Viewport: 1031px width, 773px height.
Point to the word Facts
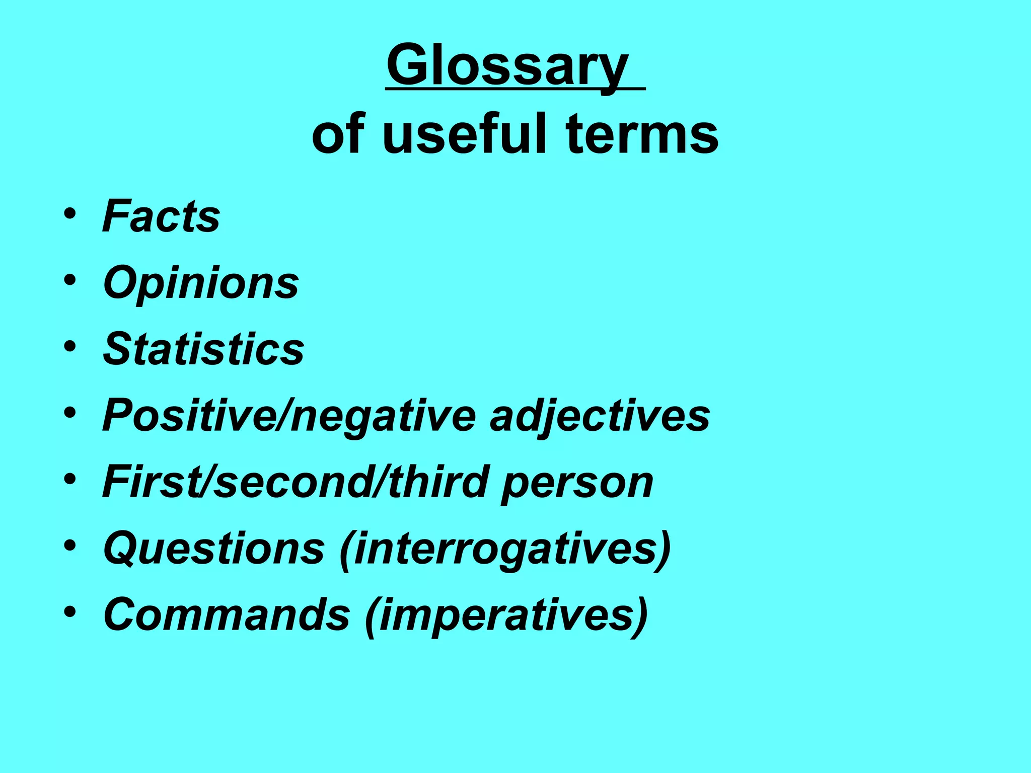pyautogui.click(x=161, y=216)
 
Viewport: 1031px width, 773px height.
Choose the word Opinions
pyautogui.click(x=201, y=283)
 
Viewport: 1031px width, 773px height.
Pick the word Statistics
pyautogui.click(x=203, y=349)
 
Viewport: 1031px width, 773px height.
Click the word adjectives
pyautogui.click(x=600, y=416)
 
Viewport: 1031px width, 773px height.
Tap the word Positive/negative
pyautogui.click(x=289, y=416)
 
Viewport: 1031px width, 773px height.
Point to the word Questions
pyautogui.click(x=214, y=549)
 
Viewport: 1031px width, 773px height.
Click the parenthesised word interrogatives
pyautogui.click(x=505, y=549)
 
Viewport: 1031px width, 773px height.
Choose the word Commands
pyautogui.click(x=227, y=615)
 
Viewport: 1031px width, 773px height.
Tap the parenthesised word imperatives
pyautogui.click(x=506, y=615)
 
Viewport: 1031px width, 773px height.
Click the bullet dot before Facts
pyautogui.click(x=70, y=213)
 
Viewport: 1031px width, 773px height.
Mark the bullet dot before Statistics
pyautogui.click(x=70, y=346)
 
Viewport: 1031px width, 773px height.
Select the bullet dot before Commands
pyautogui.click(x=70, y=612)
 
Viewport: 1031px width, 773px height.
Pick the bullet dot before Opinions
pyautogui.click(x=70, y=280)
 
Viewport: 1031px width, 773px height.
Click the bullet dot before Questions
pyautogui.click(x=70, y=546)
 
